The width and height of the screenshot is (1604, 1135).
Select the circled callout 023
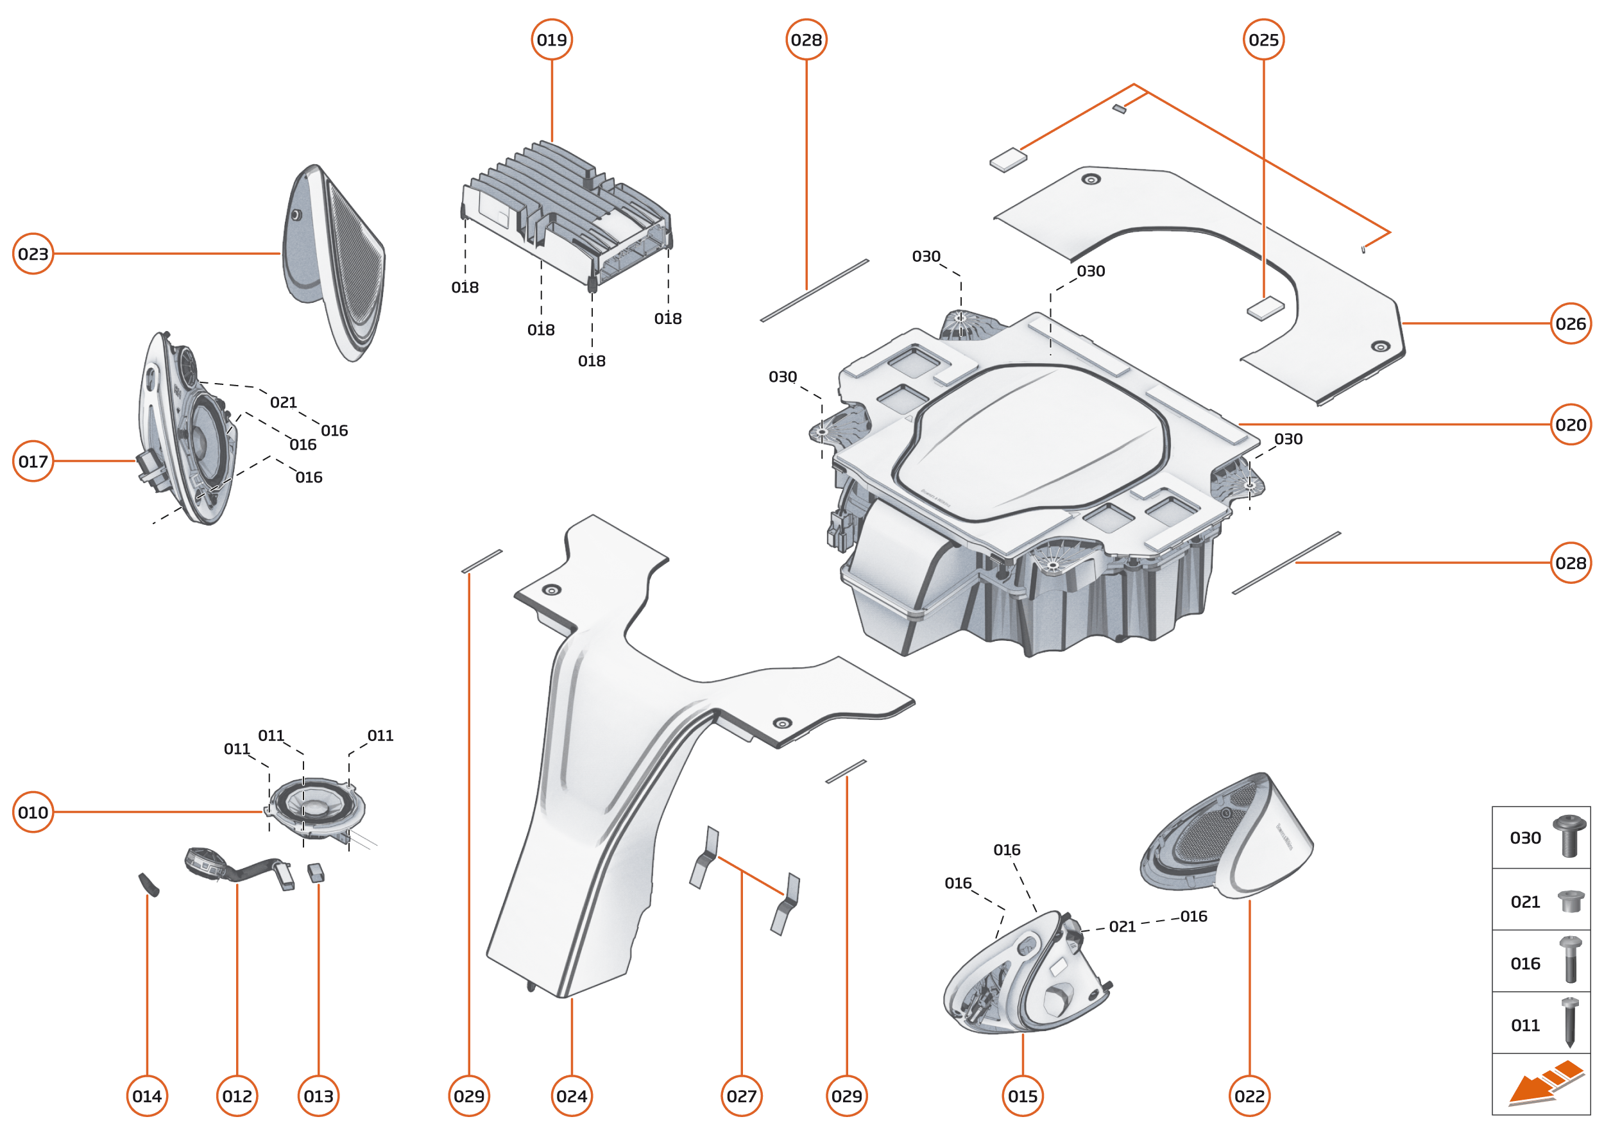point(33,253)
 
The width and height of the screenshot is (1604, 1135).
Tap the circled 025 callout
point(1263,40)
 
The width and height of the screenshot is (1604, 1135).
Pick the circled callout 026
point(1571,323)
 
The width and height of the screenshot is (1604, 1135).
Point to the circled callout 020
point(1571,424)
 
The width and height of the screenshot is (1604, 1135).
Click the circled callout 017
point(33,461)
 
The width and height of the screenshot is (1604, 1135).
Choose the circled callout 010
point(33,812)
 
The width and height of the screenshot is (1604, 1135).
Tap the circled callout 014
point(147,1096)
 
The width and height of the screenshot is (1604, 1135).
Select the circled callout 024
point(572,1096)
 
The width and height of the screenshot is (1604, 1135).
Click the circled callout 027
point(742,1096)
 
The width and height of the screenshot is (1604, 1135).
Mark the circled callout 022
point(1249,1096)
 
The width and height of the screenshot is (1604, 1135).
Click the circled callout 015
point(1023,1096)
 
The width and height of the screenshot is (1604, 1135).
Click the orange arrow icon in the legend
point(1544,1086)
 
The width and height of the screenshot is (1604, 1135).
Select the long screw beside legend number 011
point(1570,1022)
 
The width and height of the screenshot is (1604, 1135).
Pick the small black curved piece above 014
point(149,884)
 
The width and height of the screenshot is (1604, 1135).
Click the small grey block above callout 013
point(316,872)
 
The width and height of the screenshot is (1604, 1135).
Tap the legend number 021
point(1525,901)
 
